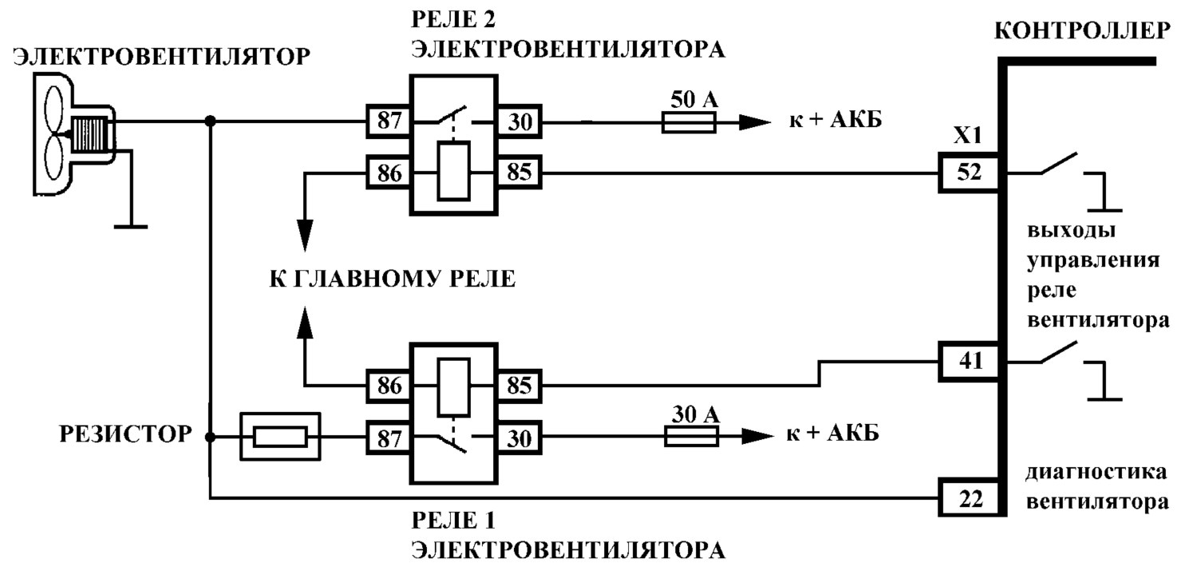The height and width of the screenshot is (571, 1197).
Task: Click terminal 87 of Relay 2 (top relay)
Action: (x=389, y=121)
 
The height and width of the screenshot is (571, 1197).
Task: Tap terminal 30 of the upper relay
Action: (x=519, y=121)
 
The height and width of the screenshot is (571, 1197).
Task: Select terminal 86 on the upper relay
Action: (x=389, y=172)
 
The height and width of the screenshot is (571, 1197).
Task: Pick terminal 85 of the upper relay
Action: (x=519, y=172)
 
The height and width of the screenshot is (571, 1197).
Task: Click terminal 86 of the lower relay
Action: (x=389, y=386)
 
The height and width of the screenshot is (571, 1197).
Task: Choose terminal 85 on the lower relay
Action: (x=519, y=386)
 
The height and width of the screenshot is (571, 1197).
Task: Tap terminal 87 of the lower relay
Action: (x=389, y=438)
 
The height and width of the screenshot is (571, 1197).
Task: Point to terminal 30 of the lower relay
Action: (x=519, y=438)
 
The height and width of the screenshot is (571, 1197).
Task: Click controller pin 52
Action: (x=969, y=172)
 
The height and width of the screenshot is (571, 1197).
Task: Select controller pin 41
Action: (x=969, y=362)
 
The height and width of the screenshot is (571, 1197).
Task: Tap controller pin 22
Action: (x=969, y=498)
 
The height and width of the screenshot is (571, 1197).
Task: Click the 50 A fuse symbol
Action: (x=689, y=122)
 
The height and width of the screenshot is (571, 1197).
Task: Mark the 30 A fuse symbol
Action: (x=692, y=437)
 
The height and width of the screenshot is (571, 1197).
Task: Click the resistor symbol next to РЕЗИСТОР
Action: (x=281, y=437)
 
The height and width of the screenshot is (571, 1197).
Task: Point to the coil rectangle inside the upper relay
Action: (x=454, y=171)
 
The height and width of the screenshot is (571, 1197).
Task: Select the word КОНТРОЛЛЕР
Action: (x=1082, y=31)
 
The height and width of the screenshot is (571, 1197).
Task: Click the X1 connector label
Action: (x=968, y=136)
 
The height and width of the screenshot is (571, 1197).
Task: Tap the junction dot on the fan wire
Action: (x=211, y=121)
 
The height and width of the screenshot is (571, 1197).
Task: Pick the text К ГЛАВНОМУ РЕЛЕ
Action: (x=393, y=279)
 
